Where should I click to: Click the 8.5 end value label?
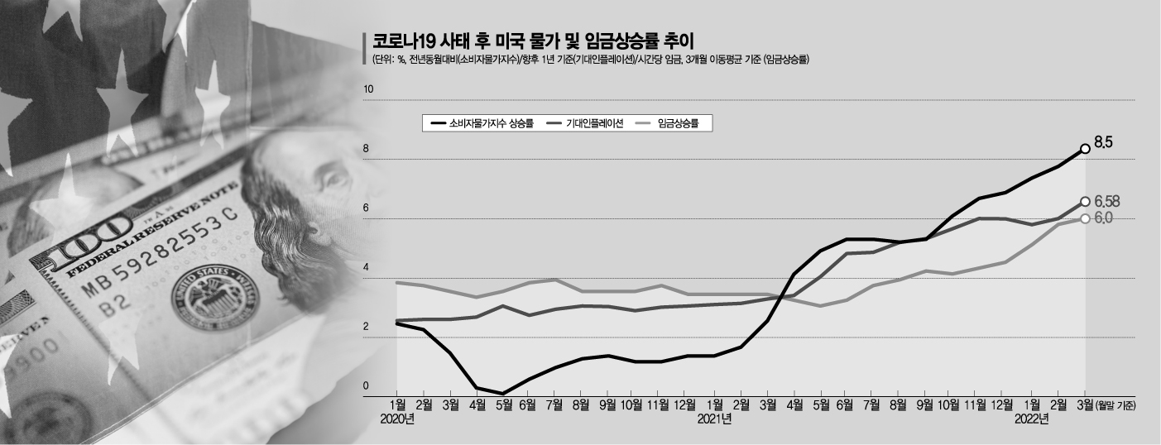point(1103,143)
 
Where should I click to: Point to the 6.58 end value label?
point(1106,202)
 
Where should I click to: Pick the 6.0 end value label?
point(1103,218)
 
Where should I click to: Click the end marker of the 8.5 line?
point(1085,150)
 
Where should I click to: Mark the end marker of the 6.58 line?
point(1085,201)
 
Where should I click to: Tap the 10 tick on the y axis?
point(369,89)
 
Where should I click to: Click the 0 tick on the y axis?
point(366,386)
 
